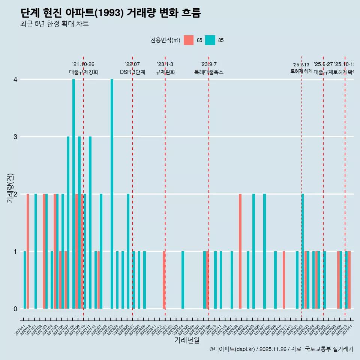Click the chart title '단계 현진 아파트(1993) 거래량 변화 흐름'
(111, 13)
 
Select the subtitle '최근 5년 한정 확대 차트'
(54, 24)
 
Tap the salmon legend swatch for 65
(189, 40)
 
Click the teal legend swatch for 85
(210, 40)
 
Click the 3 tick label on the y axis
(15, 137)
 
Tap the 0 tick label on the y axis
(15, 309)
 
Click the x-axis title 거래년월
(187, 340)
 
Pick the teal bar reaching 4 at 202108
(74, 194)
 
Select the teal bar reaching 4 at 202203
(112, 194)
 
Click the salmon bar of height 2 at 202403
(240, 251)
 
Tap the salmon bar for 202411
(284, 280)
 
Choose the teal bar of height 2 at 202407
(264, 251)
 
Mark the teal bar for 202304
(183, 280)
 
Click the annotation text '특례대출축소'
(208, 72)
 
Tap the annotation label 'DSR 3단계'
(132, 72)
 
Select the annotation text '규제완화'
(165, 72)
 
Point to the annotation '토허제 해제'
(301, 71)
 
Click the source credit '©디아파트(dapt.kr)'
(232, 349)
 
